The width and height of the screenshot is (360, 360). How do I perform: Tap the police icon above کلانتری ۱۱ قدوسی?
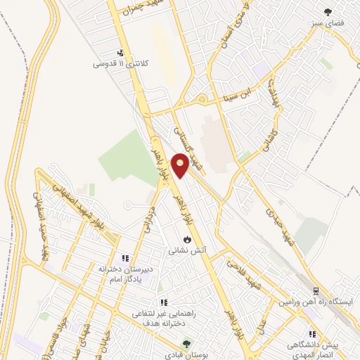point(121,52)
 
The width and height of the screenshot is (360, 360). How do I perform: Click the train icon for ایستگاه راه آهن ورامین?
point(316,290)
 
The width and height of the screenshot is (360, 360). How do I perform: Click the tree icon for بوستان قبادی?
point(186,344)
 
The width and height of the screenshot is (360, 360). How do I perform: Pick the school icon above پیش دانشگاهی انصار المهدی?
point(311,334)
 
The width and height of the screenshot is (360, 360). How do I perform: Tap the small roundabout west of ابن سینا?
point(202,98)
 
